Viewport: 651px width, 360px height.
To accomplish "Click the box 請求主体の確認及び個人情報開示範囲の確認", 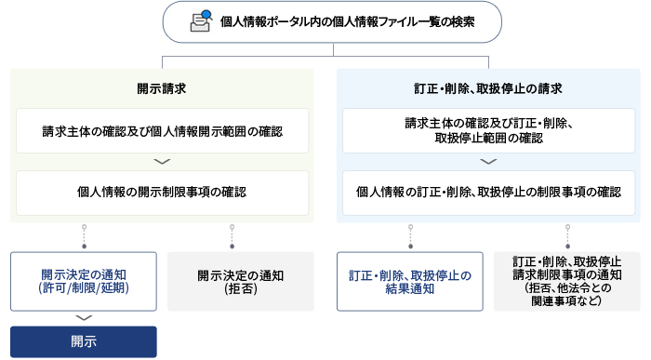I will pyautogui.click(x=163, y=131).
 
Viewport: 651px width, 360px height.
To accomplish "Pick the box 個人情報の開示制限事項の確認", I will pyautogui.click(x=163, y=193).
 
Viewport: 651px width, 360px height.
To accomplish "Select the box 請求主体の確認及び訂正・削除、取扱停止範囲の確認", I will pyautogui.click(x=488, y=130).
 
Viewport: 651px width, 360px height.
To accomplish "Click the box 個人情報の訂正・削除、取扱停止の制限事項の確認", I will pyautogui.click(x=488, y=193).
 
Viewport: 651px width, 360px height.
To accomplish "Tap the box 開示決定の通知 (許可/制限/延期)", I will pyautogui.click(x=84, y=281).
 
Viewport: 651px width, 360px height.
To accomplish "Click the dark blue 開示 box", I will pyautogui.click(x=84, y=340).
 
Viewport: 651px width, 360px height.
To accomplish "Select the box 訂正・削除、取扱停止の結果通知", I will pyautogui.click(x=410, y=281).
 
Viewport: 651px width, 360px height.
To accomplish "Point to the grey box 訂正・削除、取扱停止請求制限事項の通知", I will pyautogui.click(x=566, y=281).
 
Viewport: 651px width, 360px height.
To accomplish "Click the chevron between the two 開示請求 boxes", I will pyautogui.click(x=163, y=162).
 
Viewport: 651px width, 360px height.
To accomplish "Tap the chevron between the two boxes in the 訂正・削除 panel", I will pyautogui.click(x=488, y=162).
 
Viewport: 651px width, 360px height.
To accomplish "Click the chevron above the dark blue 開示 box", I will pyautogui.click(x=84, y=318).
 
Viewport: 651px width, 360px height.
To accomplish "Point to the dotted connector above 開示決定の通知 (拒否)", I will pyautogui.click(x=230, y=236).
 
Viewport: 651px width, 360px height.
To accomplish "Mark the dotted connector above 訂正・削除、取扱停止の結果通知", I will pyautogui.click(x=410, y=236).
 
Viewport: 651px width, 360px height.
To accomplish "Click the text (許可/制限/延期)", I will pyautogui.click(x=84, y=289).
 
